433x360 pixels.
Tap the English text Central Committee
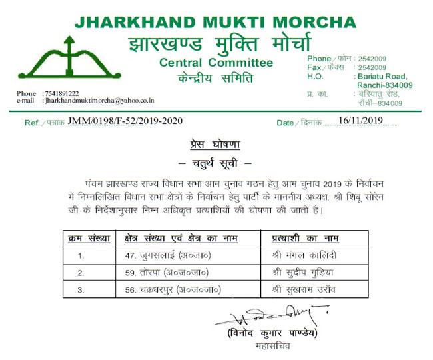pos(216,63)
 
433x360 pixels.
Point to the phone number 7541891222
pos(61,93)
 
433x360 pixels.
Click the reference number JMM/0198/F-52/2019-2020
pos(125,121)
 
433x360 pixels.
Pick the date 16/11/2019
pos(362,121)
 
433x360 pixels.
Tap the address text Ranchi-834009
pos(385,85)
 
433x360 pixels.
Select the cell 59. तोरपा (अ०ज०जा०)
pos(167,273)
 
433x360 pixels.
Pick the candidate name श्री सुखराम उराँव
pos(307,290)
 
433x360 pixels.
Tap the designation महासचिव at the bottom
pos(269,347)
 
